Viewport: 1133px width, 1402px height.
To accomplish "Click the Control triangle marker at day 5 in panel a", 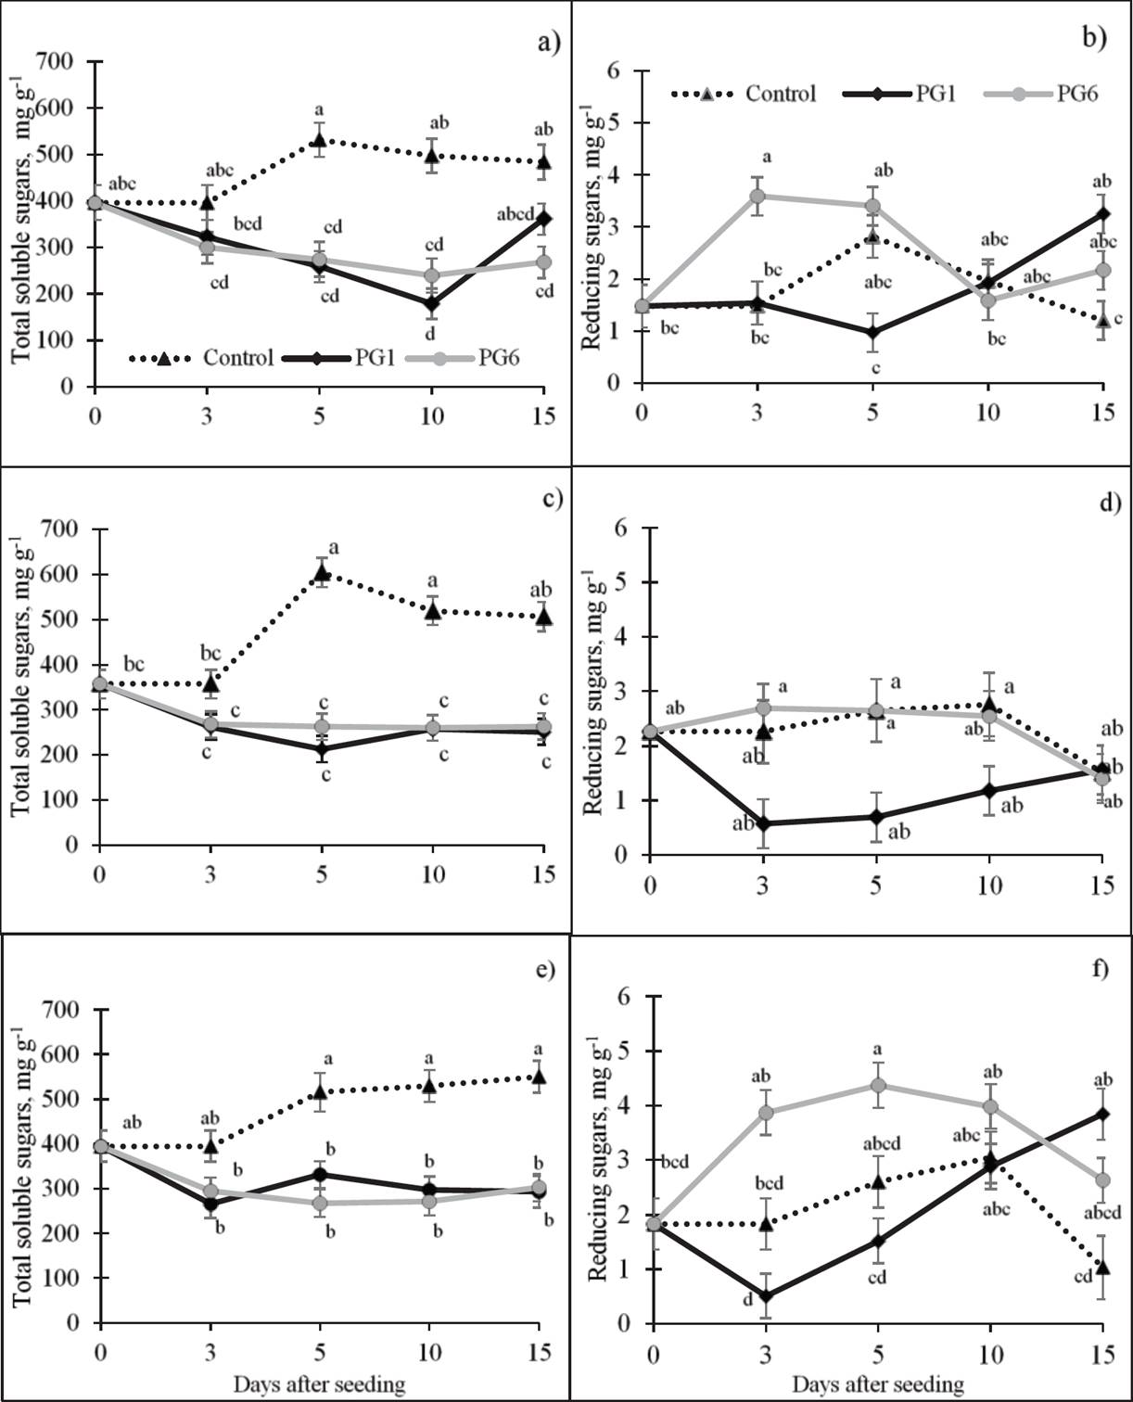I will click(x=319, y=140).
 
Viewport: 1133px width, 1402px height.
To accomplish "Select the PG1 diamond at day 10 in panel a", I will click(x=430, y=303).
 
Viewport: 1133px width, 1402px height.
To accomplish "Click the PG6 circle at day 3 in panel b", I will click(x=757, y=197).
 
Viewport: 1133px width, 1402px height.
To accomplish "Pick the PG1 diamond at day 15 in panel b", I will click(x=1102, y=213).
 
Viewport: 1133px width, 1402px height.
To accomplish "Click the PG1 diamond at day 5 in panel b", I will click(x=872, y=333).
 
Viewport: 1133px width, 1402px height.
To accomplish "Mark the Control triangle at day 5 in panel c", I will click(x=322, y=573).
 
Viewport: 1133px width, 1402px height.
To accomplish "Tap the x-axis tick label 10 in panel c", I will click(x=432, y=874).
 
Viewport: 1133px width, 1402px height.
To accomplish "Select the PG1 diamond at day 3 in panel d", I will click(x=763, y=823).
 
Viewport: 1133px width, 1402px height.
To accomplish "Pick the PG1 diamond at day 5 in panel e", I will click(x=320, y=1175).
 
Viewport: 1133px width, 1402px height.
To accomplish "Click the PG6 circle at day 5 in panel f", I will click(x=877, y=1086).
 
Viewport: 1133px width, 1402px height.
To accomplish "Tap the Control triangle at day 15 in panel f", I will click(x=1102, y=1266).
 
